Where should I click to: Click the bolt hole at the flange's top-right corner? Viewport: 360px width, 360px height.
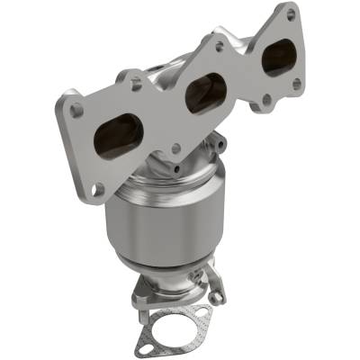(x=290, y=16)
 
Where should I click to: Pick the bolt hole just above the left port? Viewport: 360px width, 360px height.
(x=136, y=84)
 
